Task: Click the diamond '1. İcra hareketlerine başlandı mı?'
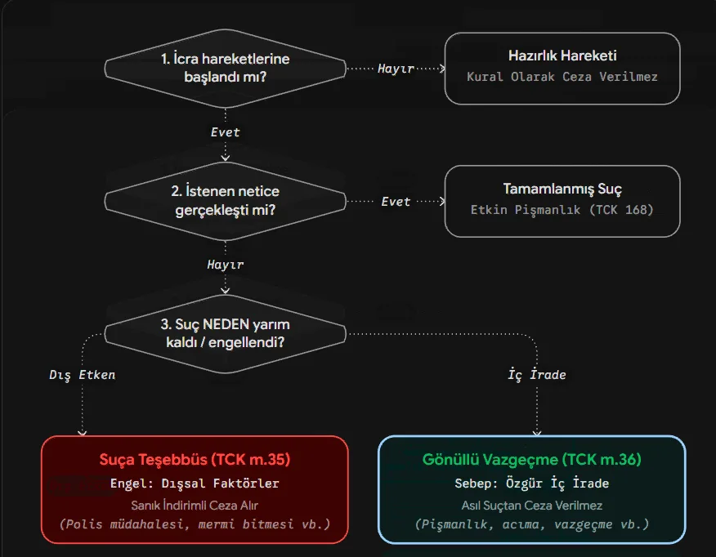[225, 69]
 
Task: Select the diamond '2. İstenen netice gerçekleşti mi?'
[225, 201]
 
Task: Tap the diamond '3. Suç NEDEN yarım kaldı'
[225, 333]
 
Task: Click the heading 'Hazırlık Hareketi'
[562, 56]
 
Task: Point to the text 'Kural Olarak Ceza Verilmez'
[562, 77]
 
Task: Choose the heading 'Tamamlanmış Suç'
[562, 189]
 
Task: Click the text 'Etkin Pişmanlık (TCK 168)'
[562, 210]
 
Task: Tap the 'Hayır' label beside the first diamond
[396, 69]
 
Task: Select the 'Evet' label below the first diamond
[225, 132]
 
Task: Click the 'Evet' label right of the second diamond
[396, 202]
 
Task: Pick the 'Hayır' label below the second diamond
[225, 265]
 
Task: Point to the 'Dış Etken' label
[83, 375]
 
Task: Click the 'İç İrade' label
[537, 375]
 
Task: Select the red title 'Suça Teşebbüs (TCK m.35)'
[195, 459]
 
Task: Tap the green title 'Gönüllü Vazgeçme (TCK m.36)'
[531, 459]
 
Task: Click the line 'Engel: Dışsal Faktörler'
[195, 483]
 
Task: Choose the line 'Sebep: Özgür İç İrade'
[531, 483]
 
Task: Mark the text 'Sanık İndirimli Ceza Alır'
[195, 506]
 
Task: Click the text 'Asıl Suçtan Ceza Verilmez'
[531, 506]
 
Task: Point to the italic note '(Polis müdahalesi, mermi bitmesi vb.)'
[195, 524]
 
